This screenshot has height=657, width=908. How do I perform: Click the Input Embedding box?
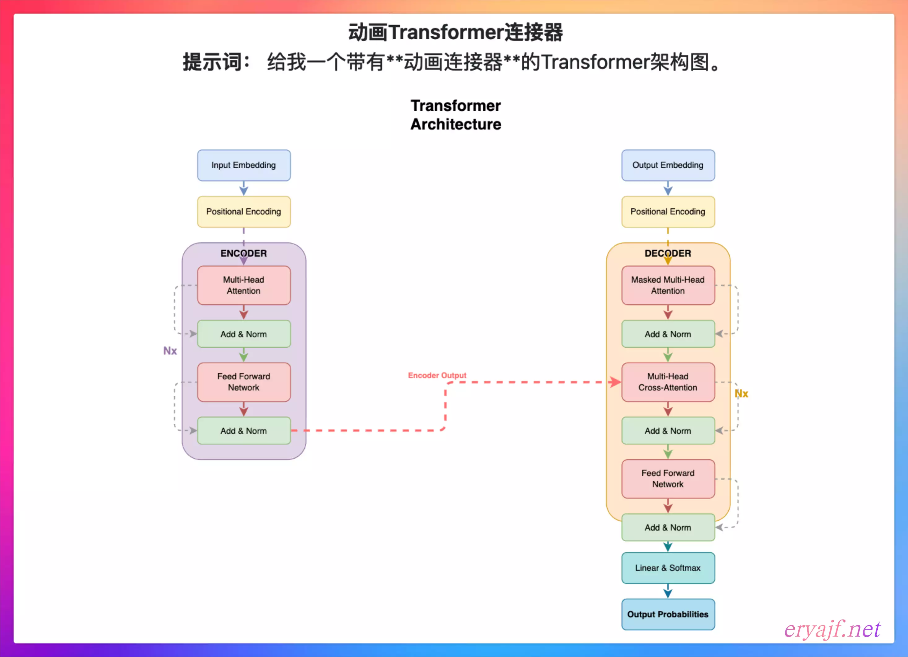244,165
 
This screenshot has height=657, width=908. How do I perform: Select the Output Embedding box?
668,165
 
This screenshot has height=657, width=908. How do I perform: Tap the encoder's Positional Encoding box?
244,212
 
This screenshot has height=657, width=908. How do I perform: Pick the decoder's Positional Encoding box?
668,212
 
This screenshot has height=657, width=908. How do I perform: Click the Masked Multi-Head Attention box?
668,285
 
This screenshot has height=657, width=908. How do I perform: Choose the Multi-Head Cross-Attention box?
668,382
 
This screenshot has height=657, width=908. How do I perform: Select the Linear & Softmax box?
668,568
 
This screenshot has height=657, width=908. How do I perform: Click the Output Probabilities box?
668,614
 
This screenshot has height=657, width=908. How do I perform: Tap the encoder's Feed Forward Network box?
244,382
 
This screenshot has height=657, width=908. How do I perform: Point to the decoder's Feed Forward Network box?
668,479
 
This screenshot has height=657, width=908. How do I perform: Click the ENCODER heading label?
244,253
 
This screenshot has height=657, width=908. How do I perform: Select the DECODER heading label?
668,253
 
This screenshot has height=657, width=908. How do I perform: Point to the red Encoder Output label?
437,375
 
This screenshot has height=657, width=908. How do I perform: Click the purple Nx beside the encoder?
170,351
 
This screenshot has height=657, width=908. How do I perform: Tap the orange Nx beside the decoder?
741,394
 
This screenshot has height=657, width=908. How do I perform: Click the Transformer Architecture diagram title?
456,115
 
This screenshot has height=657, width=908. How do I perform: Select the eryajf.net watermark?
832,629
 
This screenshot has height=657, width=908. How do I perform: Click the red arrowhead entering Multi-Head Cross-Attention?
614,382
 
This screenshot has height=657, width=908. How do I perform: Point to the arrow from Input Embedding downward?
244,189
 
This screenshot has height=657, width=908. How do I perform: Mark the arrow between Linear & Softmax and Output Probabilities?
668,591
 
